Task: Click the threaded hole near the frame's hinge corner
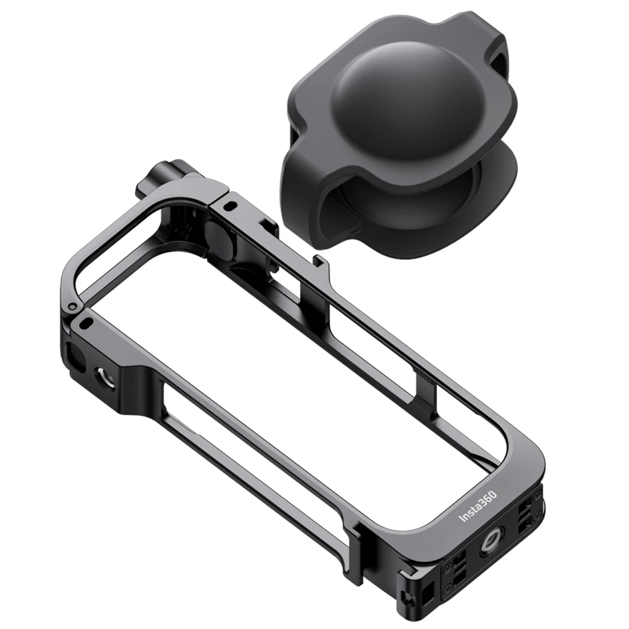coord(100,376)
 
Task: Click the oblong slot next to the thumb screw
coord(231,206)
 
